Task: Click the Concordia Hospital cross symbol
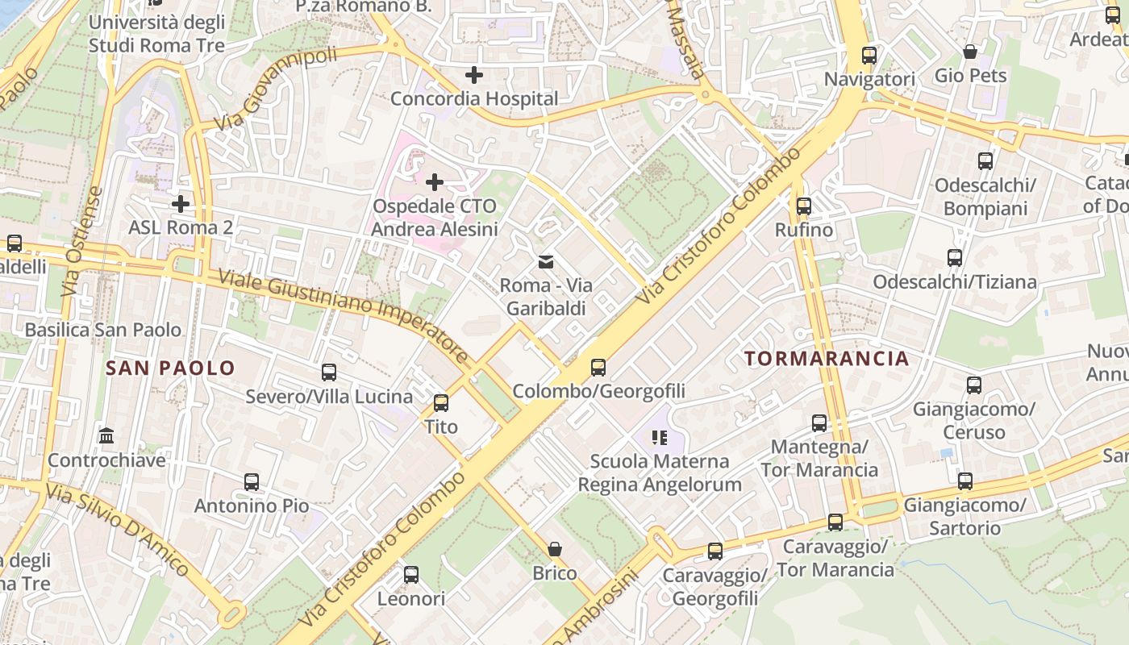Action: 474,75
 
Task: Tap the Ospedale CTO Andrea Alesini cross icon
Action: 435,182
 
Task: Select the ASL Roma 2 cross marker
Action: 181,203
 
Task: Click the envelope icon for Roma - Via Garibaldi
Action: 546,261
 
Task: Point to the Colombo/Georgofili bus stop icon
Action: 598,368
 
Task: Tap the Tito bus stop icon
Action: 441,403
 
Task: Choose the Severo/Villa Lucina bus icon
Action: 329,372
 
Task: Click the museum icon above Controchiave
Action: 106,436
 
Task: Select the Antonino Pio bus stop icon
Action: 252,482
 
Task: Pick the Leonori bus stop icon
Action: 411,575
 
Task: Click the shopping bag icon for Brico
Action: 555,549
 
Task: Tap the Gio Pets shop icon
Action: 970,52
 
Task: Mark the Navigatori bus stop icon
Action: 869,56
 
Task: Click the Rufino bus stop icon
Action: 804,206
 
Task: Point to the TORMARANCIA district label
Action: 827,359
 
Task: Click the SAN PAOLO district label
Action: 171,368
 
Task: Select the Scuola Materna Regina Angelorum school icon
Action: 660,438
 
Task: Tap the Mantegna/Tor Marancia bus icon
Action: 819,423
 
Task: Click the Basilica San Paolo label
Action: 103,330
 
